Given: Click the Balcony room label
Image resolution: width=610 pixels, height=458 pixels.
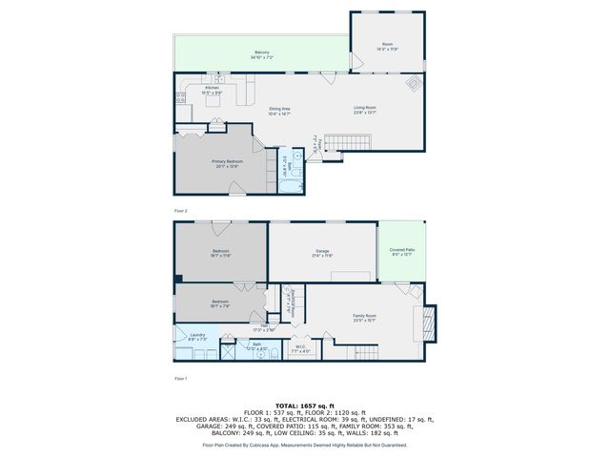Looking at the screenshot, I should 262,54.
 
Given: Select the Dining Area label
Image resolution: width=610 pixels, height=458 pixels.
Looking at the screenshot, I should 279,111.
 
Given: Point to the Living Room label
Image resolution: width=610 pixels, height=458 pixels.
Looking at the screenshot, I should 365,110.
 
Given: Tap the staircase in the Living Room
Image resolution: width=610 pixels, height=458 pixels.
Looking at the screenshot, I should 350,143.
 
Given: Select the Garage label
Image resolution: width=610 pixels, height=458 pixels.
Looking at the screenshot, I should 322,253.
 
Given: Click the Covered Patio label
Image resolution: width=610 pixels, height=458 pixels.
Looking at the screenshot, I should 401,252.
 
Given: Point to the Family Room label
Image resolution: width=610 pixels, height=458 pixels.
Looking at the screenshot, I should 365,318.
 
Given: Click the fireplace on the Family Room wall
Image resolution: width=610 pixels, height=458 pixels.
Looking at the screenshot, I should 428,322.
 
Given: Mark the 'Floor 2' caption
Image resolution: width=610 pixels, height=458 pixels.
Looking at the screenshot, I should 181,210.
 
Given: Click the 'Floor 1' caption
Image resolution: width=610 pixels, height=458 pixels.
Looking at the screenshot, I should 181,379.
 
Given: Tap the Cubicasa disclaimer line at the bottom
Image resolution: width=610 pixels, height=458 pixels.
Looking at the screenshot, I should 304,445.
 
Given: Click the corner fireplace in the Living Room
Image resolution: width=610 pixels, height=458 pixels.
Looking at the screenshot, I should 411,84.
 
